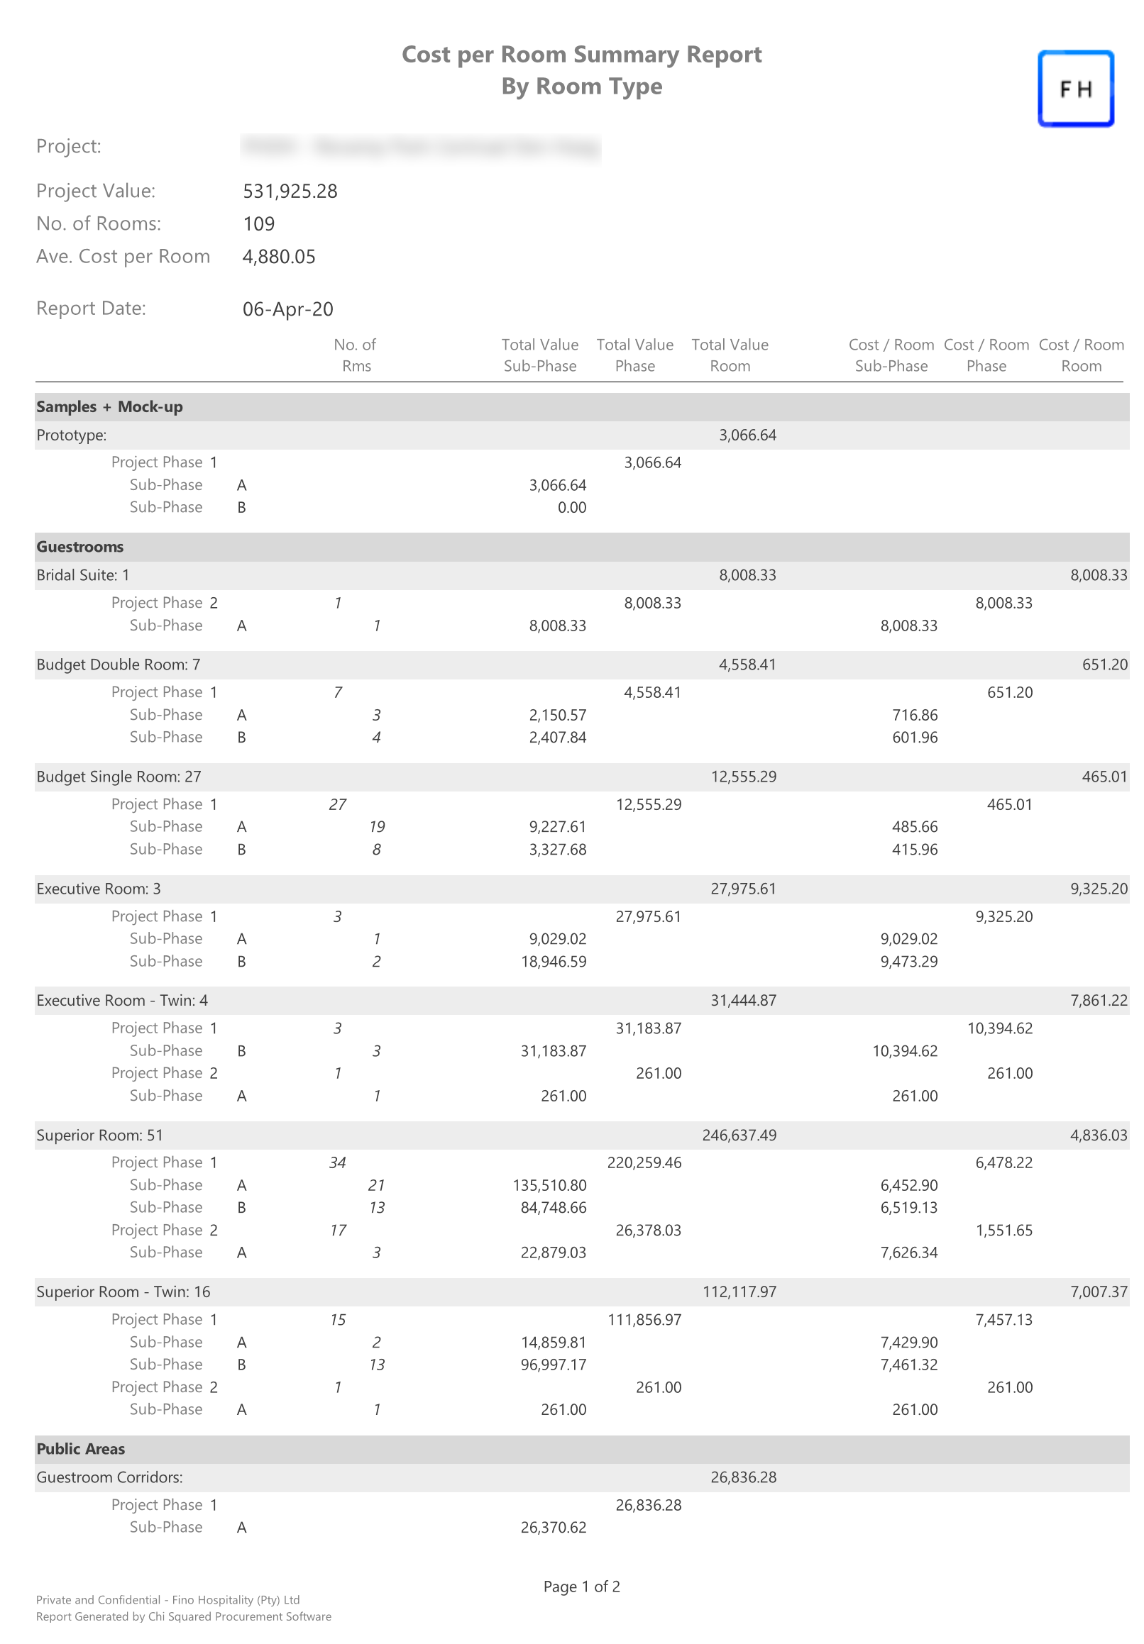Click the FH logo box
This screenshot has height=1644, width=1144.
pos(1075,89)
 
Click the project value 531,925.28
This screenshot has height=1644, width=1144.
pos(290,191)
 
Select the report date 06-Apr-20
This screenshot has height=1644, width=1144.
pos(287,309)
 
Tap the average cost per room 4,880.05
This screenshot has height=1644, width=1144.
pos(279,256)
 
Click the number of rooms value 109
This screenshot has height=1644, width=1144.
pos(258,224)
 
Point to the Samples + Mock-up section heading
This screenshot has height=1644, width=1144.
pos(109,406)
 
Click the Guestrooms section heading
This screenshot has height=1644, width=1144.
pos(79,547)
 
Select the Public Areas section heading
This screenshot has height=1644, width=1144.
pos(80,1449)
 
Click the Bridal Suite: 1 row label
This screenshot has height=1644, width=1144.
pos(83,575)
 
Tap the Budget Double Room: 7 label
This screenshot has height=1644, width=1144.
pos(119,665)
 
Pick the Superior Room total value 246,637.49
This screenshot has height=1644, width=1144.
pos(739,1135)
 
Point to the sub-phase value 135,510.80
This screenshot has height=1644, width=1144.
pos(549,1186)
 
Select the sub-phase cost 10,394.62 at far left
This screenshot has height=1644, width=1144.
pos(905,1051)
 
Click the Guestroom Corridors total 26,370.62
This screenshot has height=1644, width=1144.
pos(553,1528)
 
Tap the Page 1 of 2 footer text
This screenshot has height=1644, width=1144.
pos(581,1587)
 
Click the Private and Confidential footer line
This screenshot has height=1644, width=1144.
pos(167,1600)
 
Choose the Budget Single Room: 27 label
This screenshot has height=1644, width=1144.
pos(119,777)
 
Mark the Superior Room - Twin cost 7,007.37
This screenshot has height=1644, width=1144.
pos(1098,1292)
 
